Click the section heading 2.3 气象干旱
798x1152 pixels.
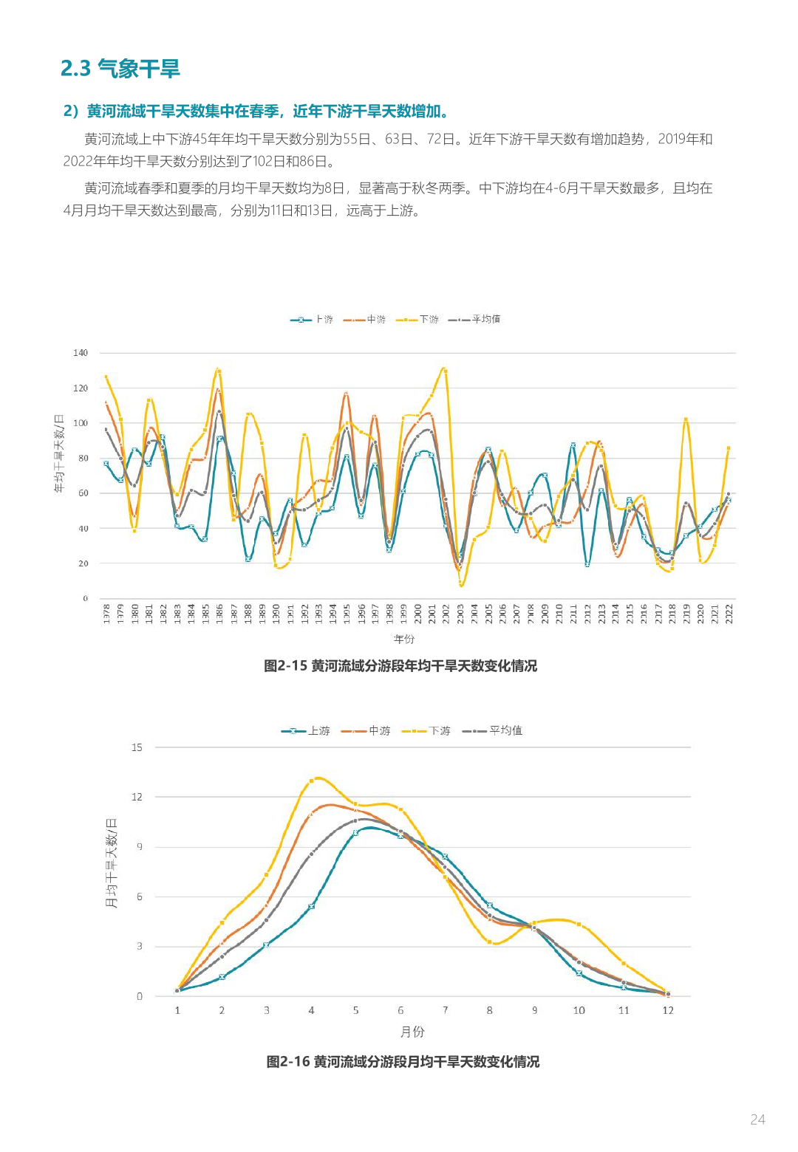120,69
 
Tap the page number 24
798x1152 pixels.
757,1120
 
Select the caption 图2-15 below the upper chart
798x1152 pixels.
400,666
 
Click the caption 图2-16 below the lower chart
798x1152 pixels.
403,1062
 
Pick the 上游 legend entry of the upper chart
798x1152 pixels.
312,320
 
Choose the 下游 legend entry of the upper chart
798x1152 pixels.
417,320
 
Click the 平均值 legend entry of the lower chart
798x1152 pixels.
492,730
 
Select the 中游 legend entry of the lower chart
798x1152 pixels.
366,730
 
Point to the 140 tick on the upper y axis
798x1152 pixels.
81,353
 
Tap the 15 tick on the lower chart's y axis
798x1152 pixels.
137,747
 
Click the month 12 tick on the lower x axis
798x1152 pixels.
668,1010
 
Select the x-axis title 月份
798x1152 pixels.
412,1032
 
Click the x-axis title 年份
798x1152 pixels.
404,639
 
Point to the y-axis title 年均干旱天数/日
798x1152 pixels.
59,454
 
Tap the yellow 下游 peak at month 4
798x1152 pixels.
311,781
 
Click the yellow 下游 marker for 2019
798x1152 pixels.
686,420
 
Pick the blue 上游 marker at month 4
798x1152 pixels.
311,906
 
